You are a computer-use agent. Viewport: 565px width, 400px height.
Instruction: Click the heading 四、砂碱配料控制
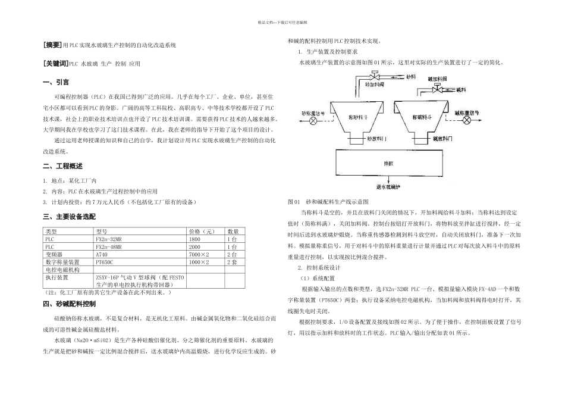coord(66,304)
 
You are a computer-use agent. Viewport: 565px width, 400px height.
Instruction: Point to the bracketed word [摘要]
coord(52,45)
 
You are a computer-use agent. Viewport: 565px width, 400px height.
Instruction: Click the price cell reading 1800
coord(194,239)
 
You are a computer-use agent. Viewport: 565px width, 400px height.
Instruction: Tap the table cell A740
coord(102,254)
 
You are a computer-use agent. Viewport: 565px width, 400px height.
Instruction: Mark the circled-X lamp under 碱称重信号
coord(467,120)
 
